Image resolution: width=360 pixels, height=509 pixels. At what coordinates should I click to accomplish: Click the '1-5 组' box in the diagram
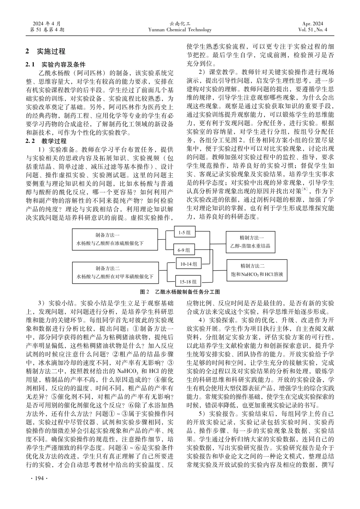tap(185, 233)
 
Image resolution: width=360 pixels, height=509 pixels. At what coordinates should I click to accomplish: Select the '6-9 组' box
tap(185, 250)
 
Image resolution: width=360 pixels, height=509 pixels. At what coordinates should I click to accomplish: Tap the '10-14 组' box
tap(188, 264)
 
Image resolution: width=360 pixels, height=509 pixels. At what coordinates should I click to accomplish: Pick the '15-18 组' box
tap(188, 281)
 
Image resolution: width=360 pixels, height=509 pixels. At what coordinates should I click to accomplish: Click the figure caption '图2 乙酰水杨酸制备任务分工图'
tap(180, 292)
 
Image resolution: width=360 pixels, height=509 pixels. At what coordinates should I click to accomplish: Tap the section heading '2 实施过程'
tap(45, 51)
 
